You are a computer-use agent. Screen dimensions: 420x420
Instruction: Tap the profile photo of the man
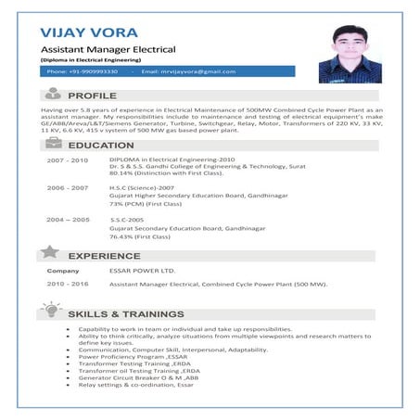pyautogui.click(x=347, y=53)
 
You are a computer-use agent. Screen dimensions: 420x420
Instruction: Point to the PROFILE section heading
pyautogui.click(x=92, y=95)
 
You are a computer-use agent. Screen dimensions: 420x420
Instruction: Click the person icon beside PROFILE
pyautogui.click(x=52, y=94)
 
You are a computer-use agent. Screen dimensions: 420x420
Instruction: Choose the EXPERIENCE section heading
pyautogui.click(x=104, y=255)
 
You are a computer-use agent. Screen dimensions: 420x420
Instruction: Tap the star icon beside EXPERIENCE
pyautogui.click(x=52, y=252)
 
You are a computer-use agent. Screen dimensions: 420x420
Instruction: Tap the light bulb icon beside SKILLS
pyautogui.click(x=52, y=312)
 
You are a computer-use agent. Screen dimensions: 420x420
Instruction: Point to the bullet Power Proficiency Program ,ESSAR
pyautogui.click(x=133, y=356)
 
